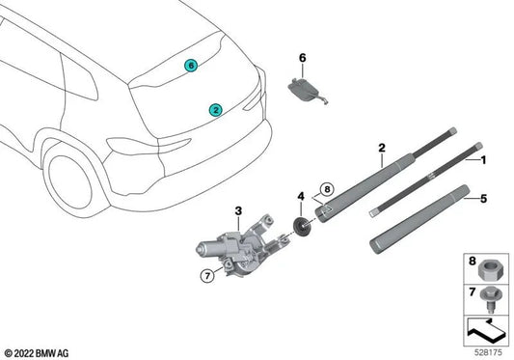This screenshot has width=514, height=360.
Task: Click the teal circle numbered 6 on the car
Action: pyautogui.click(x=190, y=65)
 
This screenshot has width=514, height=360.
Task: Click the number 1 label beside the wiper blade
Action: pyautogui.click(x=483, y=157)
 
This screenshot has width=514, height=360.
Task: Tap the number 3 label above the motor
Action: pyautogui.click(x=237, y=209)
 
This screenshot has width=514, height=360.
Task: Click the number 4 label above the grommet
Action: pyautogui.click(x=301, y=197)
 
